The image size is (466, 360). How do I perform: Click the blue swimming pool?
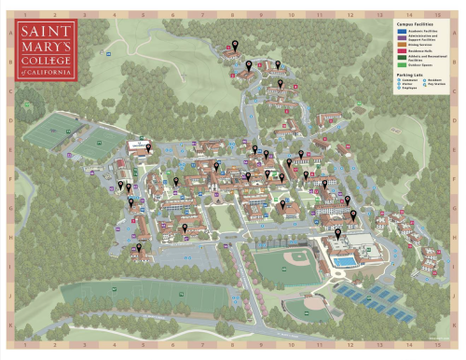tap(344, 262)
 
